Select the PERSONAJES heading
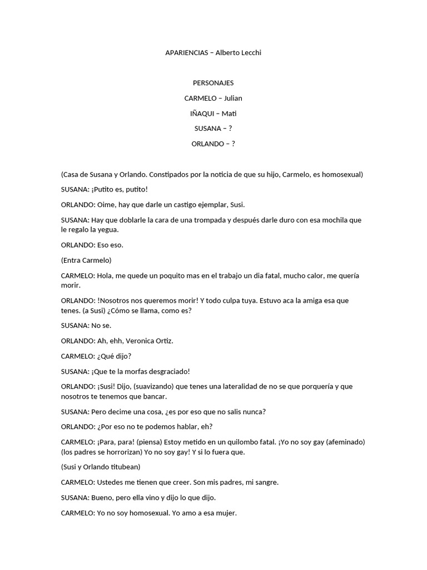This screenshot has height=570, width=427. (x=213, y=83)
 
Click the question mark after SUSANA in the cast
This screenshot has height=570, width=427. (x=230, y=129)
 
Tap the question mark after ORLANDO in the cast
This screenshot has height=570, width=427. (x=233, y=144)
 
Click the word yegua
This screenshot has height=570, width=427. (x=108, y=229)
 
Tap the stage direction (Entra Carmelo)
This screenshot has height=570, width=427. (x=86, y=260)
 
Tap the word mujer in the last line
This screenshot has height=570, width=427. (x=224, y=513)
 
